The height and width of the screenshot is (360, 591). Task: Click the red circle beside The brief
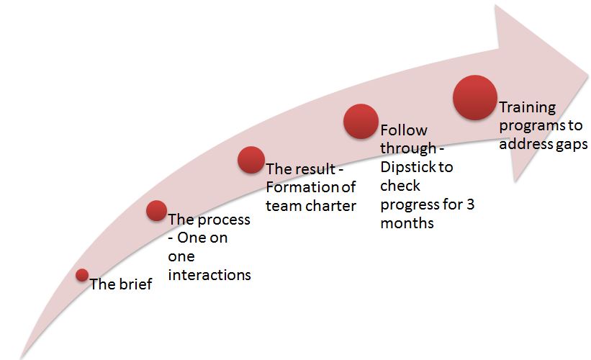[82, 275]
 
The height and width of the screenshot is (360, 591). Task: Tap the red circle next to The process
[156, 211]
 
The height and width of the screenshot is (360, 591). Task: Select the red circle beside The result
[251, 160]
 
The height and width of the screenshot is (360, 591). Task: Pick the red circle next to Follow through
[361, 122]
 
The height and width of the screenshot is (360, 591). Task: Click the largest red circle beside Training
[475, 98]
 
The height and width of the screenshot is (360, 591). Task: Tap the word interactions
[209, 275]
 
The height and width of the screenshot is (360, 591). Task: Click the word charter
[330, 206]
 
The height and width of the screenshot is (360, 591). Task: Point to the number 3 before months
[470, 204]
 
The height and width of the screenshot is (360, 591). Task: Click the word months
[407, 223]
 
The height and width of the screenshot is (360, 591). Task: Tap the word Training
[528, 108]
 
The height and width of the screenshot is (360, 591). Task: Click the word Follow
[404, 130]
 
